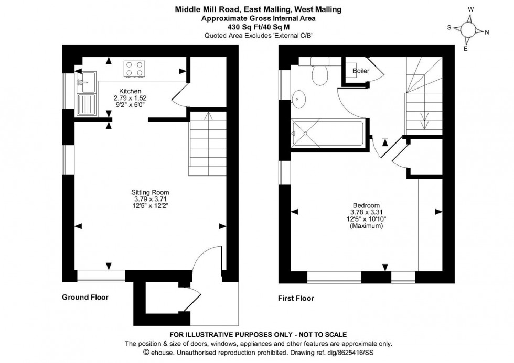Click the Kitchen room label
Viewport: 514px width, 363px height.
click(x=130, y=91)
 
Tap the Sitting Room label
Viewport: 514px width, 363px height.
click(x=151, y=192)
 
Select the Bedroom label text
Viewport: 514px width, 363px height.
click(x=366, y=205)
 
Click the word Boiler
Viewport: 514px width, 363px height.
click(x=360, y=71)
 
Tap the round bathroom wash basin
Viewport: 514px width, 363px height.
click(x=300, y=97)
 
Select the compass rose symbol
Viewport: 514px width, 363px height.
click(x=468, y=30)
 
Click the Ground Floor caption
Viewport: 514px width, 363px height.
click(x=85, y=297)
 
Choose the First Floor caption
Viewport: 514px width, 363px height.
click(x=296, y=299)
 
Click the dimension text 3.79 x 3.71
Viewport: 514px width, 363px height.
click(x=151, y=199)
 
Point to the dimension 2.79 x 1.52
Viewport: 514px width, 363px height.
click(x=130, y=98)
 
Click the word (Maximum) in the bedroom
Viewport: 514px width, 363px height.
click(x=366, y=226)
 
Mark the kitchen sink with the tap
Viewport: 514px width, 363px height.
click(x=86, y=81)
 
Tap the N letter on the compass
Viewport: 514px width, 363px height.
click(x=487, y=32)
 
